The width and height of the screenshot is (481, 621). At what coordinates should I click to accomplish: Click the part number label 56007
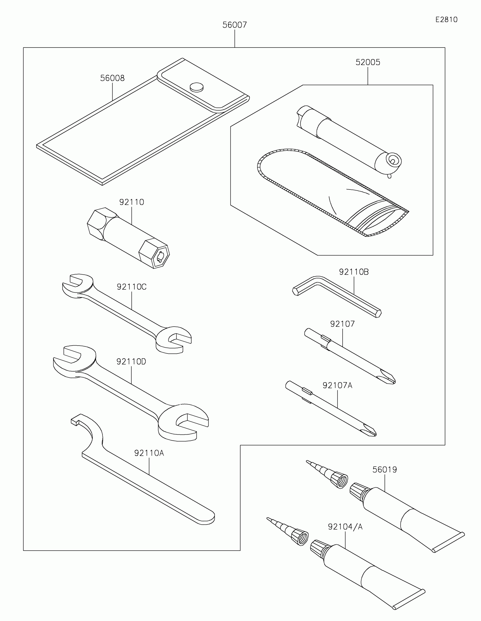234,25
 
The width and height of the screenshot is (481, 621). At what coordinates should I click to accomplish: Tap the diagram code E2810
446,19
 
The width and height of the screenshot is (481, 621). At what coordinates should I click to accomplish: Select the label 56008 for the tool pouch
112,78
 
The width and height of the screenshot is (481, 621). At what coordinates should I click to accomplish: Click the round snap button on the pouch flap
197,87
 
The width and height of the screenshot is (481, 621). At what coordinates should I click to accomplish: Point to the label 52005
368,62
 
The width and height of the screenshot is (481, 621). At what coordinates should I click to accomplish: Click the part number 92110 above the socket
131,202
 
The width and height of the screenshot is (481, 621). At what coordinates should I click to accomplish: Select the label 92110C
131,287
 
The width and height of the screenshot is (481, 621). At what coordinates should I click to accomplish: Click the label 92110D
131,361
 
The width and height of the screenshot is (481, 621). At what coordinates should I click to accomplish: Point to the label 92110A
149,453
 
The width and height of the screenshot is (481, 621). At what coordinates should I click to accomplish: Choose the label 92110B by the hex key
354,272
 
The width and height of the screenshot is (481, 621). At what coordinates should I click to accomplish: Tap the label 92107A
337,385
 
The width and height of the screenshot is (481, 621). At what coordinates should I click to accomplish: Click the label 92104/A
345,527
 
